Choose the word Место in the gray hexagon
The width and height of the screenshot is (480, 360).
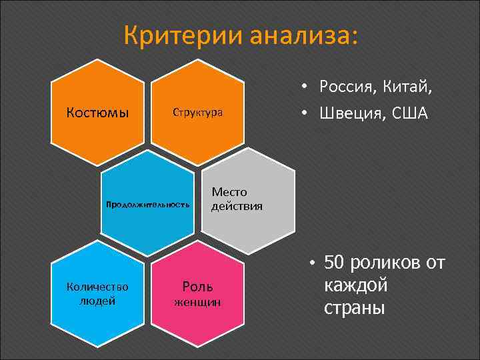click(x=229, y=192)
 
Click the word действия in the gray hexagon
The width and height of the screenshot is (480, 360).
click(x=237, y=206)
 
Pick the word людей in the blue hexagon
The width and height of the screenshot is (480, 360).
click(x=97, y=300)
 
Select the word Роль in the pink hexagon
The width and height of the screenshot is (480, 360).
click(x=197, y=287)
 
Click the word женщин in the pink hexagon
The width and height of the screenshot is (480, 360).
click(x=197, y=303)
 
